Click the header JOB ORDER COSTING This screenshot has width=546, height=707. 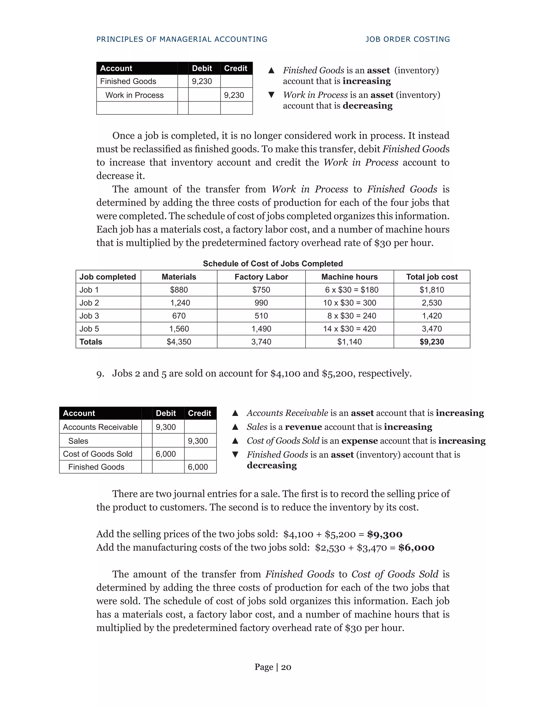pos(408,39)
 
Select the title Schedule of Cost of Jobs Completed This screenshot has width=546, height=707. pos(273,264)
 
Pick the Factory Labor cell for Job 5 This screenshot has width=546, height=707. pos(261,329)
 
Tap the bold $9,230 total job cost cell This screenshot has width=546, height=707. pos(432,341)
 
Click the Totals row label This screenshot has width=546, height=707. pos(91,341)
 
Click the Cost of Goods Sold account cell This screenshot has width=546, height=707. pos(98,454)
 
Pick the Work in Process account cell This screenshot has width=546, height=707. pos(135,95)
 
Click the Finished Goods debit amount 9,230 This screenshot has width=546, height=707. pos(202,81)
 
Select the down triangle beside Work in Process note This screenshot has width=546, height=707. pos(271,95)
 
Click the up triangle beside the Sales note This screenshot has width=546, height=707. pos(235,427)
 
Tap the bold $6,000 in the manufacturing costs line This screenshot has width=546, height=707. pos(416,547)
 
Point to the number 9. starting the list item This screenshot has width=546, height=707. pos(100,374)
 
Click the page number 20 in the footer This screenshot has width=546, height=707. pos(286,667)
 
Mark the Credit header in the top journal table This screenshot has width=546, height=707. pos(235,68)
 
